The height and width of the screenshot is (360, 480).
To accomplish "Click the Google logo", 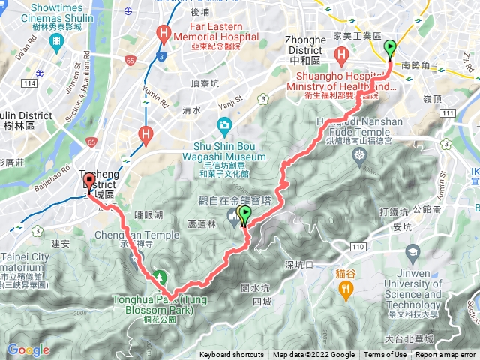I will pos(28,349).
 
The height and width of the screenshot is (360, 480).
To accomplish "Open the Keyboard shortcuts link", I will pos(232,355).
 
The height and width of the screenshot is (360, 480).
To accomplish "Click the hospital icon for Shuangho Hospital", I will pos(342,54).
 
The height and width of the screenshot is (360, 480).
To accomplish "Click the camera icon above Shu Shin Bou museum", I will pos(223,124).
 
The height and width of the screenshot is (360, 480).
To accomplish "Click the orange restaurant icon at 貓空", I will pos(345,286).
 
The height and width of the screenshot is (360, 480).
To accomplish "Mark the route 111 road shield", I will pos(448,112).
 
